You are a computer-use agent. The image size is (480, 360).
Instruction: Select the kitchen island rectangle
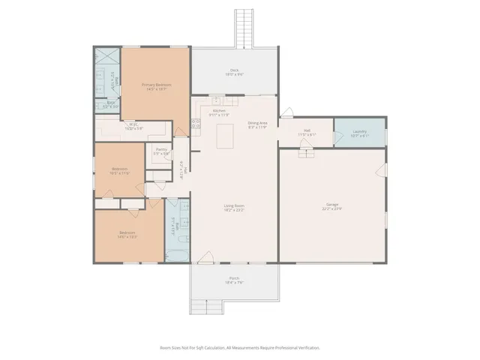[223, 136]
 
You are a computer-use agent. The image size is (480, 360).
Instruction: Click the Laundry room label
[360, 133]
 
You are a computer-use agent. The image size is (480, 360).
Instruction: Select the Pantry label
[161, 151]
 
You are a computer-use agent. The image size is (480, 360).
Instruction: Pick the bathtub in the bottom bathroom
[178, 255]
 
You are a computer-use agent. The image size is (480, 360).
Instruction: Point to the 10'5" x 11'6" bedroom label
[120, 171]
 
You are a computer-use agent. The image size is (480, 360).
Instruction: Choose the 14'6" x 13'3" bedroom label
[127, 235]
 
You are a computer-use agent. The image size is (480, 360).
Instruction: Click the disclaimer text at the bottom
[240, 348]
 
